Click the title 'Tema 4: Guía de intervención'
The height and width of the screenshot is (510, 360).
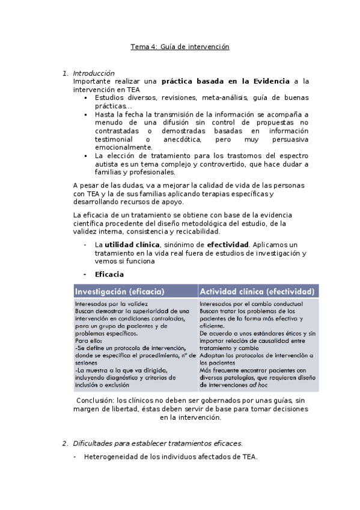point(180,46)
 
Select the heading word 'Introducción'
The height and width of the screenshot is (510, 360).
point(93,73)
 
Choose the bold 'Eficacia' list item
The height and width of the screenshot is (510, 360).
point(109,275)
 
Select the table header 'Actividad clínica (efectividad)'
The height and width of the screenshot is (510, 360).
point(257,291)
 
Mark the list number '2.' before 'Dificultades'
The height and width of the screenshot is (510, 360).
point(66,443)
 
